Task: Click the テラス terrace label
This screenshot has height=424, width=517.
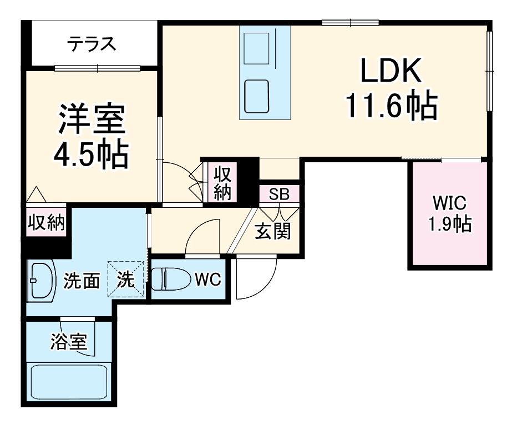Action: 93,43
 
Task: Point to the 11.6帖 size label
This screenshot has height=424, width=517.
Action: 392,104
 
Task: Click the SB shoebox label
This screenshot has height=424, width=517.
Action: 279,194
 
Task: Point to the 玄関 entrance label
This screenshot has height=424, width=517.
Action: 272,230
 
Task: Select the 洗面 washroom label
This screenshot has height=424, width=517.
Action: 81,281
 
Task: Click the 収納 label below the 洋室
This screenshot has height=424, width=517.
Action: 47,223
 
